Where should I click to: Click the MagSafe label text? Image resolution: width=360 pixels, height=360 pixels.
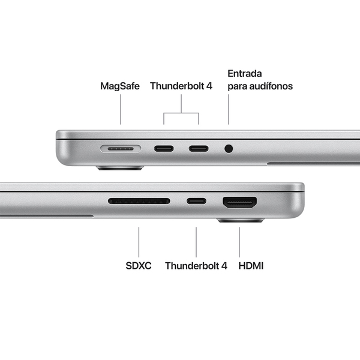pos(120,86)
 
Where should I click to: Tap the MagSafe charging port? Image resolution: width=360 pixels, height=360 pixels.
pos(121,148)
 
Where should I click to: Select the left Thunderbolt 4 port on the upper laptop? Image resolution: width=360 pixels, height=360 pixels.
pos(164,148)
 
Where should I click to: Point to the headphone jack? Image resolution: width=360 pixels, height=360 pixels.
pos(229,148)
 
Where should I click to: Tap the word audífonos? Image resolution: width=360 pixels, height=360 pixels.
pos(272,86)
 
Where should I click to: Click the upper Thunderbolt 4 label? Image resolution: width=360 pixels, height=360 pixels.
pos(181,86)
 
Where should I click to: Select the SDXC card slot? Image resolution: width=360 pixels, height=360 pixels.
pos(139,201)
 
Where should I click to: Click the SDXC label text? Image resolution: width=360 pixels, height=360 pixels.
pos(139,265)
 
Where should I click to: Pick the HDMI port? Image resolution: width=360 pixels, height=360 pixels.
pos(240,202)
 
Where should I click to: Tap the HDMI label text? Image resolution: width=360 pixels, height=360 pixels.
pos(251,265)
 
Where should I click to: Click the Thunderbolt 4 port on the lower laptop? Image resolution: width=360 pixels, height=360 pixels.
pos(196,201)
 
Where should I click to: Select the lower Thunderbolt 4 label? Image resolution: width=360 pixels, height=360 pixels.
pos(196,265)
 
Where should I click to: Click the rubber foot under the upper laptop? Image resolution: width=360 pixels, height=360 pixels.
pos(121,169)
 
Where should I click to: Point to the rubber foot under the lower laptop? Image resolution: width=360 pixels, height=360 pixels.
pos(240,221)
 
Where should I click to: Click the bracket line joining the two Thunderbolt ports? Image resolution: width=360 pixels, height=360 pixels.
pos(181,112)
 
